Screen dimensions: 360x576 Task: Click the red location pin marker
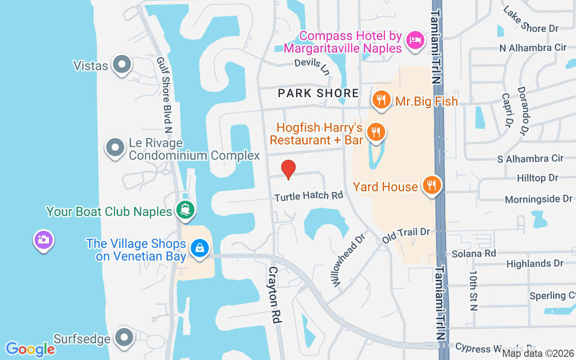(288, 169)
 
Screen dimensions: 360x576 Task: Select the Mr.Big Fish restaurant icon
(381, 100)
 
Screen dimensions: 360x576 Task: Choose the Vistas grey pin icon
(121, 64)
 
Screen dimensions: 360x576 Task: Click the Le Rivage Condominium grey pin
(115, 147)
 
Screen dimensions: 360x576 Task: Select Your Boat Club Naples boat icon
(185, 209)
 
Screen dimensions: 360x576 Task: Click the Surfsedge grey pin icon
(124, 337)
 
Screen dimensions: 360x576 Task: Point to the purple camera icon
(44, 239)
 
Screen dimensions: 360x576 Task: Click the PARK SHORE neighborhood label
(318, 93)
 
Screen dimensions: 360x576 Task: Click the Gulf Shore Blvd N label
(164, 95)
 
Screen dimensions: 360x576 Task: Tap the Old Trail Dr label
(406, 235)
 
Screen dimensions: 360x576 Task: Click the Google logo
(30, 349)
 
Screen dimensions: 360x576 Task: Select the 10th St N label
(473, 290)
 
